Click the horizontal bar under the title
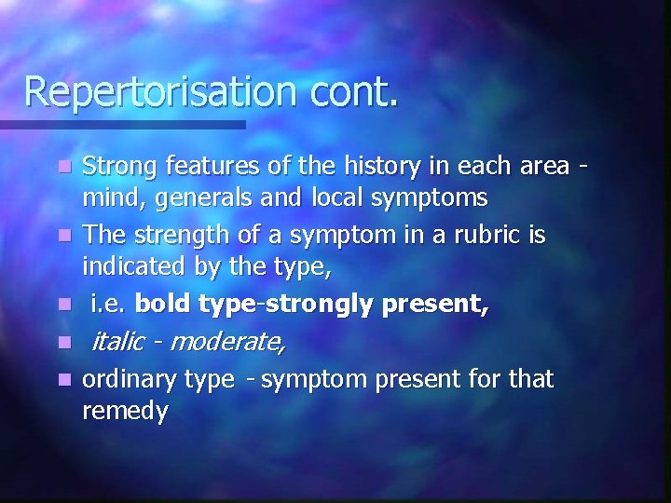121,124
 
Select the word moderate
227,342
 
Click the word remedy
125,412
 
